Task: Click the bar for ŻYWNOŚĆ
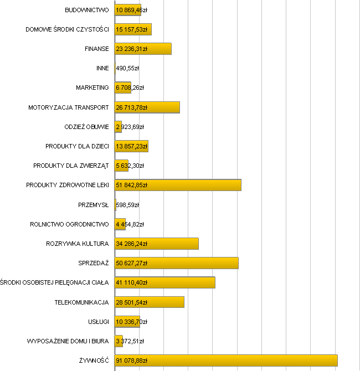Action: tap(226, 360)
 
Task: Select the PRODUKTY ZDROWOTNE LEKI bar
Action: tap(178, 185)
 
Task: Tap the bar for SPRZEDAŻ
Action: tap(176, 263)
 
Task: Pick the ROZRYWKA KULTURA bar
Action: tap(156, 244)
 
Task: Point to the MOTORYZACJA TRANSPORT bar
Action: tap(147, 107)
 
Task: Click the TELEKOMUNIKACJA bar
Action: tap(150, 302)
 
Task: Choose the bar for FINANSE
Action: tap(143, 49)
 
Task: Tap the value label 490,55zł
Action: tap(127, 69)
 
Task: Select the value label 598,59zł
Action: tap(127, 205)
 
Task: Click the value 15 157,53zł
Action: tap(132, 29)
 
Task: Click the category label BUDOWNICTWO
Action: tap(86, 10)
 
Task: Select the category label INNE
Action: tap(102, 69)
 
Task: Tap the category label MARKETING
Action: tap(92, 88)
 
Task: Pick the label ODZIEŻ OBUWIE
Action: tap(86, 127)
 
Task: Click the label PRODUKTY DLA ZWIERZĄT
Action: tap(71, 166)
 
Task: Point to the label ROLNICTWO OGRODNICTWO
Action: tap(69, 224)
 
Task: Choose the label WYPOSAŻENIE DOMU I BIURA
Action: tap(68, 341)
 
